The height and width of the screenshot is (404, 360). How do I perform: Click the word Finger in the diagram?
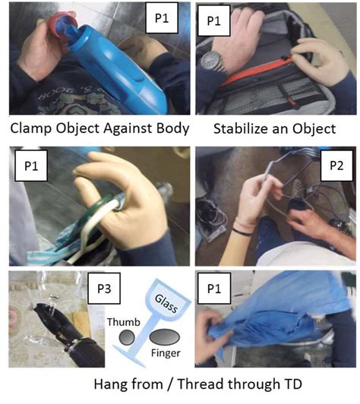(x=166, y=355)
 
